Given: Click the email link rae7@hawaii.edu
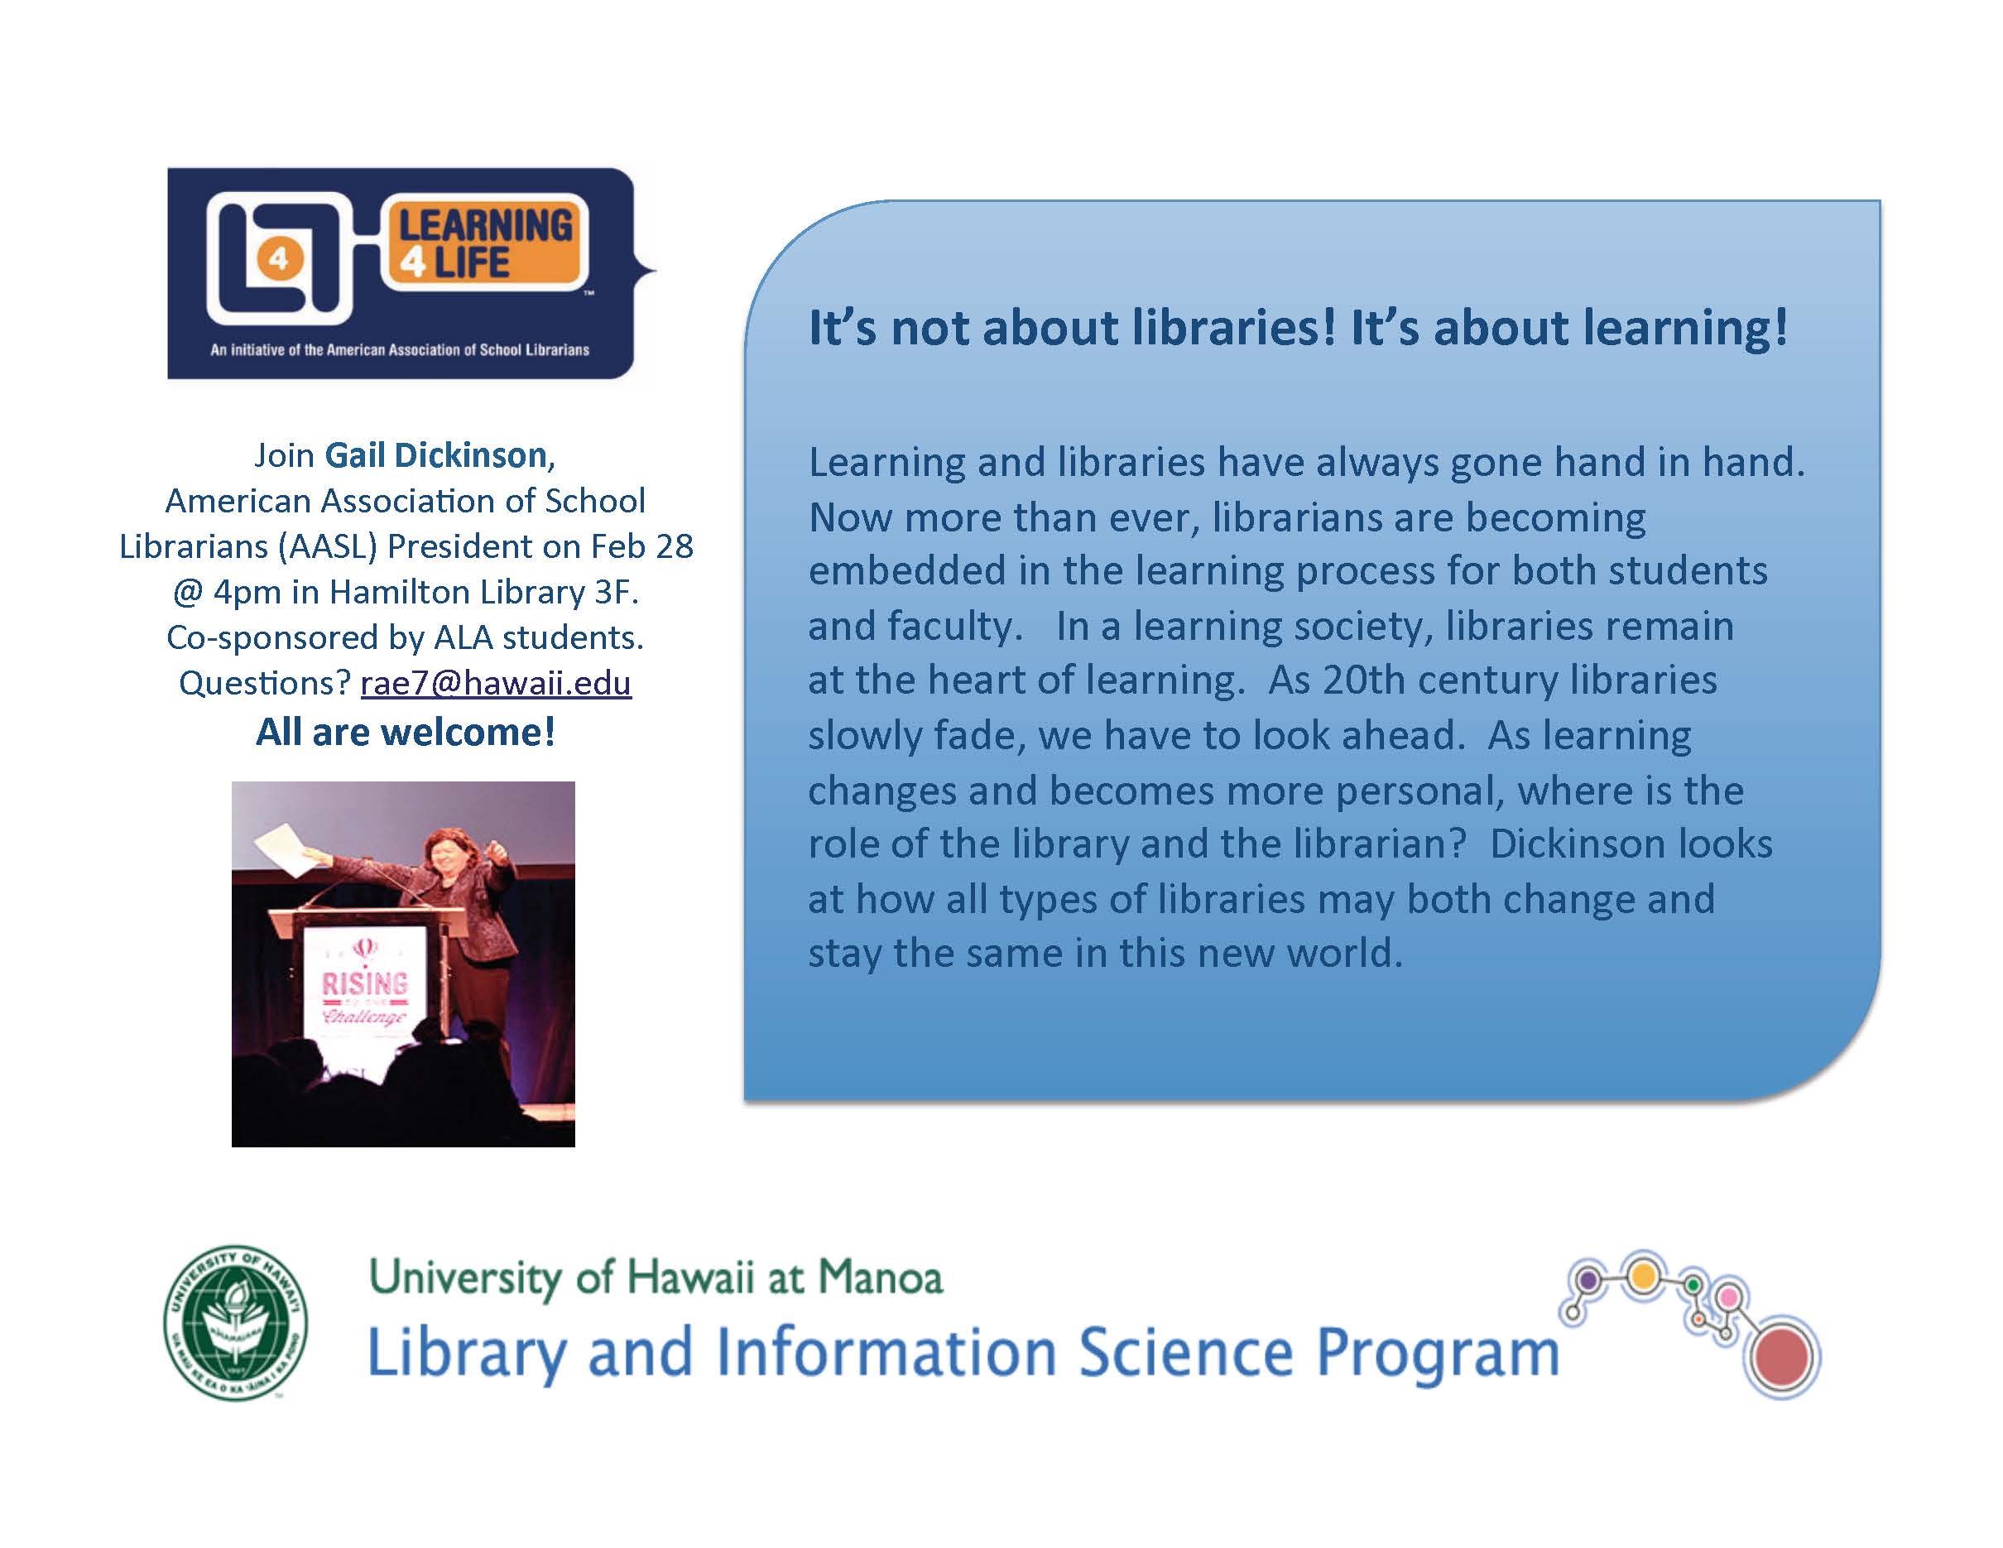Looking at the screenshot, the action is (496, 683).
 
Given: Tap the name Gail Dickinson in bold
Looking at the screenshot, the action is (436, 454).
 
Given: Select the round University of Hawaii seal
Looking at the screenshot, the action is (236, 1321).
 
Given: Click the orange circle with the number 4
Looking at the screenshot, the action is (278, 260).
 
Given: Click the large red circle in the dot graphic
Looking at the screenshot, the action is (1783, 1356).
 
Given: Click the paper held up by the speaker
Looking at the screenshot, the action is (288, 849).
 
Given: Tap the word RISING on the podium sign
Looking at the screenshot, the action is (364, 983).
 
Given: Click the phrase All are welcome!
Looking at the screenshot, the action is (406, 732).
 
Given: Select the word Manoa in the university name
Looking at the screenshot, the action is (881, 1276).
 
